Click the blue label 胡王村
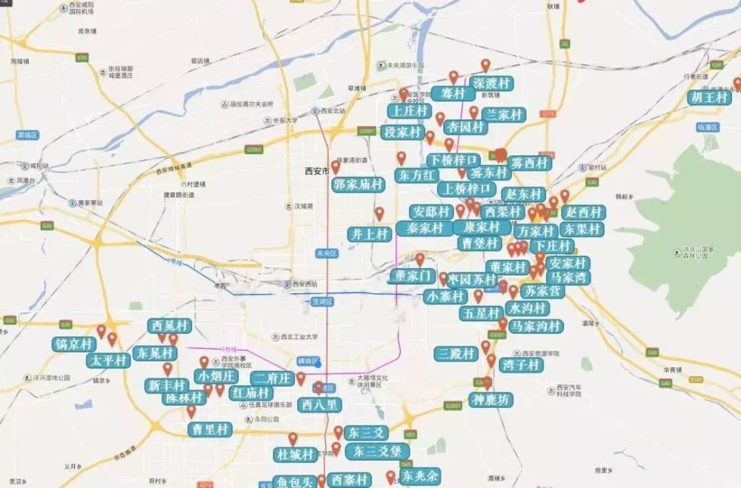tap(708, 98)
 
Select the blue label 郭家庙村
tap(358, 184)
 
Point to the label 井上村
tap(369, 234)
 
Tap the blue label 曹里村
tap(210, 429)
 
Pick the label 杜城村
tap(294, 454)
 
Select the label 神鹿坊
tap(490, 401)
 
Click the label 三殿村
tap(456, 354)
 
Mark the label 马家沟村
tap(536, 326)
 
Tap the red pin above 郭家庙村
tap(335, 168)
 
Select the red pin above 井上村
tap(379, 214)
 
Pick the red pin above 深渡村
tap(485, 66)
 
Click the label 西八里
tap(319, 405)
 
